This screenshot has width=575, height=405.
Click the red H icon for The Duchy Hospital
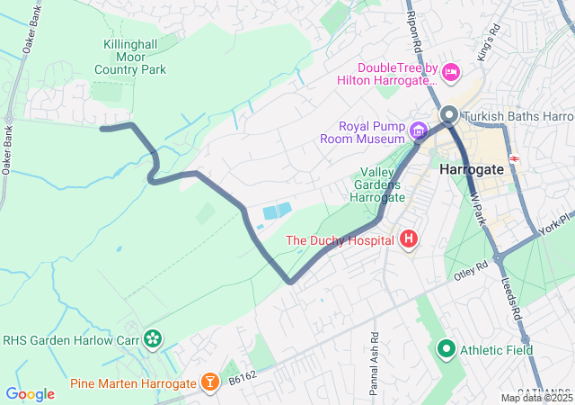409,239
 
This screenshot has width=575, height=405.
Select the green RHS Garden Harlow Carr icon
153,338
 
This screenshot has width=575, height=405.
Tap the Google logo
30,393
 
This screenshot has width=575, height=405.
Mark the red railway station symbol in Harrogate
516,158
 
